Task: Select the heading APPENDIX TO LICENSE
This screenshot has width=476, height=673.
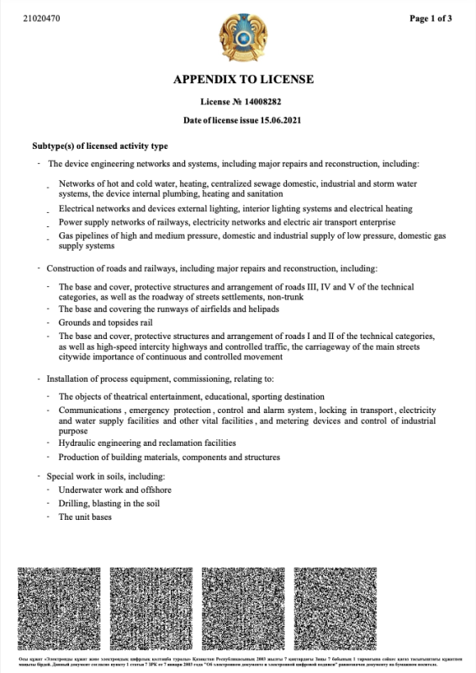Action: [242, 80]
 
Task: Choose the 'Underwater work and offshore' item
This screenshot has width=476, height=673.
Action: [114, 489]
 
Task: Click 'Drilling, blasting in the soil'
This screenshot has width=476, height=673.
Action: [111, 503]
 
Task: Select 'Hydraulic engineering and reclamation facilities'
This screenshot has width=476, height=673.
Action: [147, 442]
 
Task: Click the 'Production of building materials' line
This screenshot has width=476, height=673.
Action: [168, 457]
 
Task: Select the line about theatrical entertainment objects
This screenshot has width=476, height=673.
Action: [191, 396]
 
